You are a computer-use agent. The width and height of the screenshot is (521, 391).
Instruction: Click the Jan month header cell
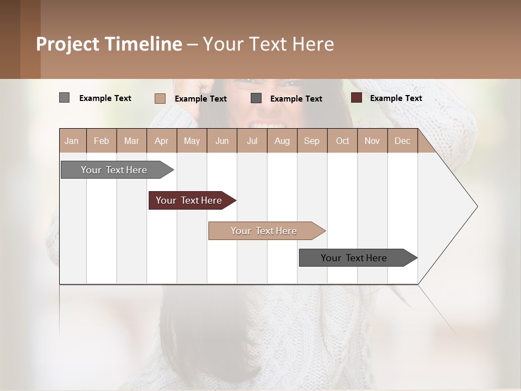tap(72, 141)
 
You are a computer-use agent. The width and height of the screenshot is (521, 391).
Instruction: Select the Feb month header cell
tap(101, 141)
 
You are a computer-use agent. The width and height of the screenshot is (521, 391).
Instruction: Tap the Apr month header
tap(162, 141)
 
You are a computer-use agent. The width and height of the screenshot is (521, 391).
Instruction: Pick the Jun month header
tap(222, 141)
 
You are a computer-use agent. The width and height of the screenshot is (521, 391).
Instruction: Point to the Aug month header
tap(282, 141)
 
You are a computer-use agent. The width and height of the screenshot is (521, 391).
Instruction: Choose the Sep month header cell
tap(312, 141)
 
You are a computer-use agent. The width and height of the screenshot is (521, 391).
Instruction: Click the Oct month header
tap(342, 141)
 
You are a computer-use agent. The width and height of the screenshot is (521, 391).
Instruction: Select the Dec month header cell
tap(403, 141)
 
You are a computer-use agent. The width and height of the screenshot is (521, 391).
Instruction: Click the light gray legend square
tap(64, 98)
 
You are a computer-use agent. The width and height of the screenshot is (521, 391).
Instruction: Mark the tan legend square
tap(160, 98)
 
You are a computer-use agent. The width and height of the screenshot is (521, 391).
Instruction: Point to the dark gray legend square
tap(256, 98)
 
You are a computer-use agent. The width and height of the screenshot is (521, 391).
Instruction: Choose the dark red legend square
tap(357, 98)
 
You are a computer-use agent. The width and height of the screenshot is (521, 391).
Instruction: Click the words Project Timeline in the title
tap(109, 44)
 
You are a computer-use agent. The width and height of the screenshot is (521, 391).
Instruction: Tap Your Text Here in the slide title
tap(268, 44)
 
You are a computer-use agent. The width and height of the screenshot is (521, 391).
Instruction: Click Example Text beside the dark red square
tap(396, 98)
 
